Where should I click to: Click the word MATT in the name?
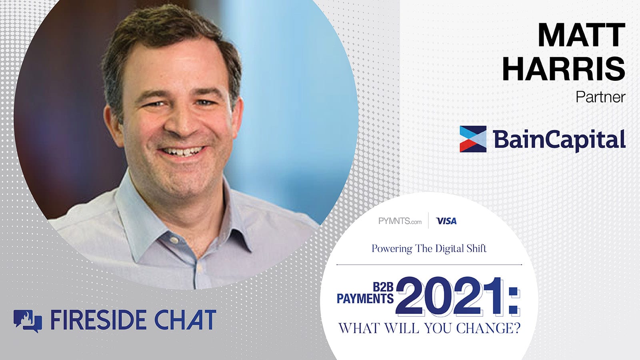click(582, 35)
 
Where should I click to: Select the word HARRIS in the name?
click(564, 68)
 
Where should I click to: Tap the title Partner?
click(600, 97)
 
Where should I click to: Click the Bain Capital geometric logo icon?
click(473, 139)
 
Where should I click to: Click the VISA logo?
click(446, 221)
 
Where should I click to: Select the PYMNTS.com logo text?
click(400, 221)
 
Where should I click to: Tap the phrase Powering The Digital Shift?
click(429, 249)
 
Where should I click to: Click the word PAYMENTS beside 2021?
click(365, 298)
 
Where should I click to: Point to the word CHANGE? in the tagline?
click(488, 328)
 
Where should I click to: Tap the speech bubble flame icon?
click(28, 321)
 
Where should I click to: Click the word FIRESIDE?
click(100, 320)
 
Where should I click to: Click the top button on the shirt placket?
click(174, 240)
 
